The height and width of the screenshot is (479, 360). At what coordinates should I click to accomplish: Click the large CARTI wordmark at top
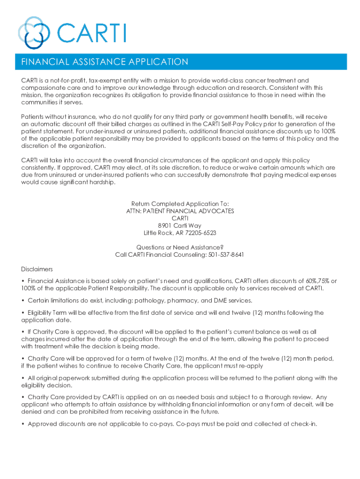pyautogui.click(x=91, y=33)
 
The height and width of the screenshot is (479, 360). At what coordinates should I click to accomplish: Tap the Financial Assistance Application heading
pyautogui.click(x=105, y=62)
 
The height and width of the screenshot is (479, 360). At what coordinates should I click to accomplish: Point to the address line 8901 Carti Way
pyautogui.click(x=180, y=225)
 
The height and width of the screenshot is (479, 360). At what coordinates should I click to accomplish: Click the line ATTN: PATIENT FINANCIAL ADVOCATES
pyautogui.click(x=180, y=211)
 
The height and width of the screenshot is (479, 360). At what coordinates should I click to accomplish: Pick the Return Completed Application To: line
pyautogui.click(x=180, y=204)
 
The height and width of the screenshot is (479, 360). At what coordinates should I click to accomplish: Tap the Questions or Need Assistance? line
pyautogui.click(x=180, y=247)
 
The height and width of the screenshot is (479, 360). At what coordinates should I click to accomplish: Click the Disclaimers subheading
pyautogui.click(x=37, y=269)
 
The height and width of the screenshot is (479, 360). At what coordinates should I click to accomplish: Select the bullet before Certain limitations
pyautogui.click(x=23, y=300)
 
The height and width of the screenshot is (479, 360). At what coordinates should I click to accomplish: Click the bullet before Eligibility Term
pyautogui.click(x=23, y=313)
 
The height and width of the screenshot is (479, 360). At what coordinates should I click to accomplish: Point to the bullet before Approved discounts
pyautogui.click(x=23, y=424)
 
